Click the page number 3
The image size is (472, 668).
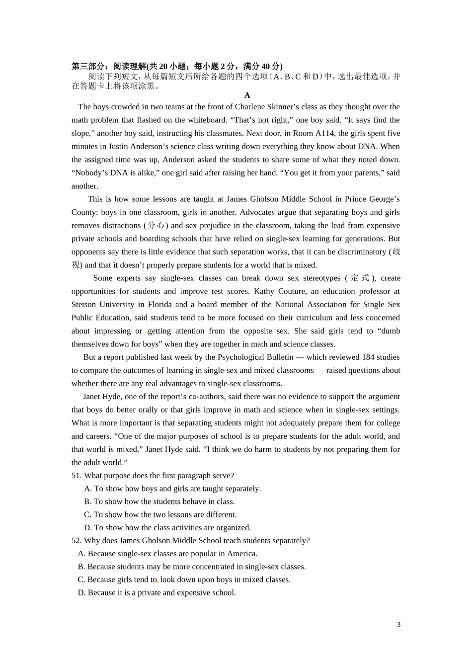[398, 625]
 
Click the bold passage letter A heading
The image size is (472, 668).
[247, 95]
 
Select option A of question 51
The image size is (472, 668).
[88, 489]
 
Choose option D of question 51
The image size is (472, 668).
[88, 528]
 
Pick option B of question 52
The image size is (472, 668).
[81, 567]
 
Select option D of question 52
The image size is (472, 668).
[81, 593]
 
